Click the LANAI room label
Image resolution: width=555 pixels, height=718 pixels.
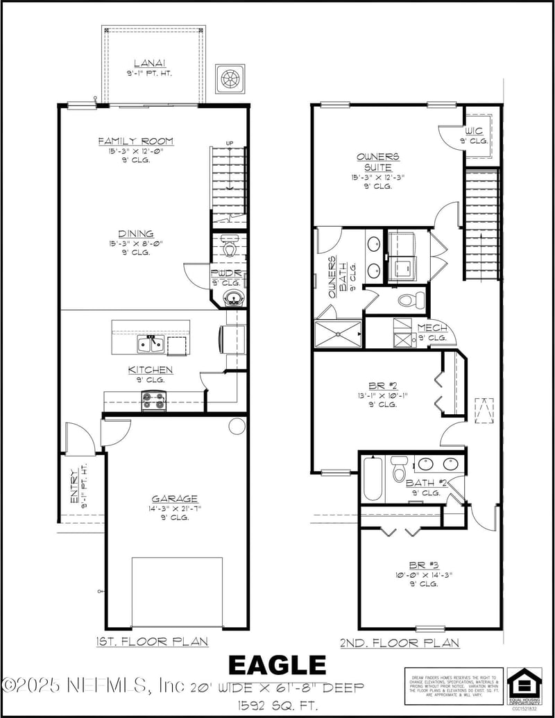pos(155,63)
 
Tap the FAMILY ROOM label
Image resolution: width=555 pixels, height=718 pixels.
pos(136,142)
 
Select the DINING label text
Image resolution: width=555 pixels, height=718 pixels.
pos(136,234)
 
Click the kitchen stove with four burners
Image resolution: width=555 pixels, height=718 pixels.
pos(154,400)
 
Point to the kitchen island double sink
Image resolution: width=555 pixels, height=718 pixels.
pos(151,344)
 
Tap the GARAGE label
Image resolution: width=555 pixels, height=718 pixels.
pos(175,498)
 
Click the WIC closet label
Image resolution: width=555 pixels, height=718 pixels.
pos(475,130)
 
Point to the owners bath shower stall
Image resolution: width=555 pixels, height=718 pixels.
pos(339,334)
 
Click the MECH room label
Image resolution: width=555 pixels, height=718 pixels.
pos(432,327)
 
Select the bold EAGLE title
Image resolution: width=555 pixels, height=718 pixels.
pos(277,665)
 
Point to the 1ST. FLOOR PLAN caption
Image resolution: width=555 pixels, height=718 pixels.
pos(152,642)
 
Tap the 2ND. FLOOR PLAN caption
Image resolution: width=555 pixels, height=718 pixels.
pos(399,643)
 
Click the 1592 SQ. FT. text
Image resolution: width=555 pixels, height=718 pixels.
pos(277,706)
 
